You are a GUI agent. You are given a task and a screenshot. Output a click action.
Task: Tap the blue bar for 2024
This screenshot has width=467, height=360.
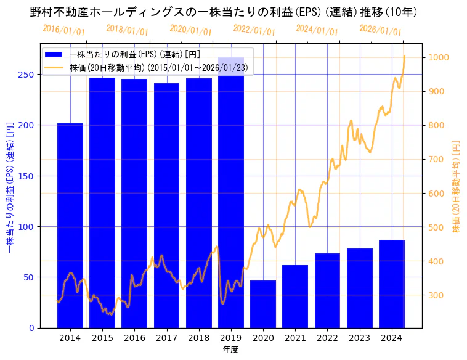[x=392, y=284]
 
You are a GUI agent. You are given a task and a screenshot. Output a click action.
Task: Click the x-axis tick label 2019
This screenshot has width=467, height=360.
[x=231, y=338]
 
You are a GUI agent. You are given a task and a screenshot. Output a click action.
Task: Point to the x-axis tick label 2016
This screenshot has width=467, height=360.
[x=134, y=338]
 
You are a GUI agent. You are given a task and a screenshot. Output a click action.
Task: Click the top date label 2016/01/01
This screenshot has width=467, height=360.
[x=64, y=30]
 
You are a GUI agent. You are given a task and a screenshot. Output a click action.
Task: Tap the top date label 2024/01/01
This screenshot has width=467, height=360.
[x=317, y=30]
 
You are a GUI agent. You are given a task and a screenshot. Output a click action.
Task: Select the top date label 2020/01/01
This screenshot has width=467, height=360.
[x=191, y=30]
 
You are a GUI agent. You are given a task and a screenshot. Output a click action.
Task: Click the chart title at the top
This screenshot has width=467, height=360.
[x=224, y=12]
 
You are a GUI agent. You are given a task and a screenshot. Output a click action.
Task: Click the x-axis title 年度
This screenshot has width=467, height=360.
[x=231, y=350]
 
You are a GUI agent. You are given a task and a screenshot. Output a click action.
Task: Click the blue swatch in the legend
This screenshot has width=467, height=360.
[x=54, y=54]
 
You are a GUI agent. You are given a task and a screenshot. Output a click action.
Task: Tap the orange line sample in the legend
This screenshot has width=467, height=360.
[x=54, y=68]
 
